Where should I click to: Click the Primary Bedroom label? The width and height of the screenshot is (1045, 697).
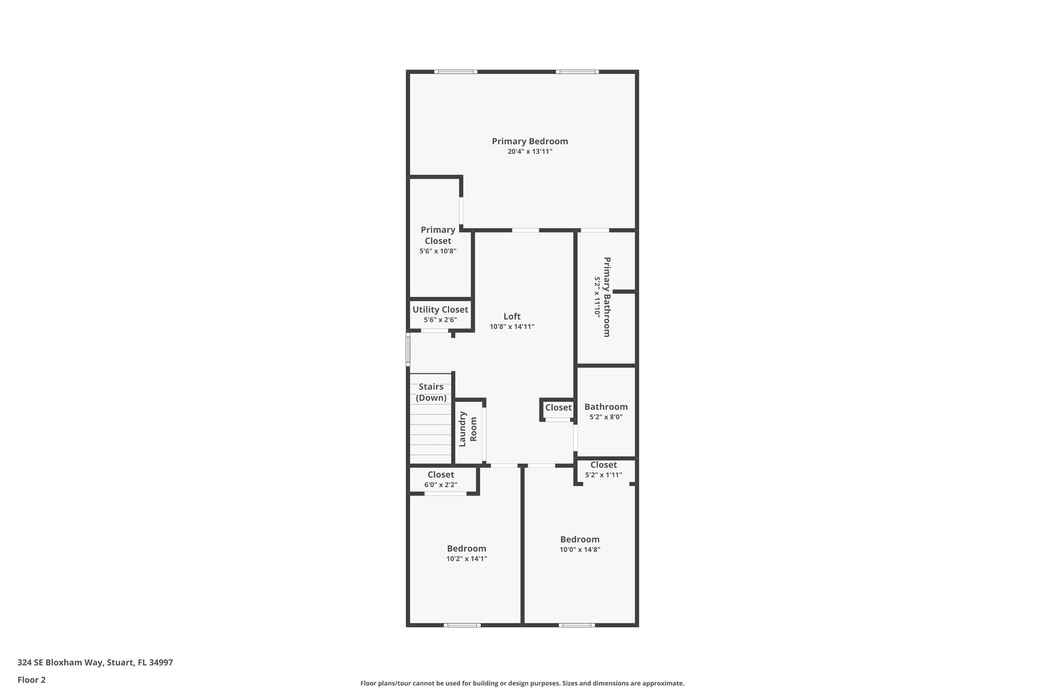pos(529,141)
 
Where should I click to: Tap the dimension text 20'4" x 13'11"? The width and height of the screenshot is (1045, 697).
pos(529,152)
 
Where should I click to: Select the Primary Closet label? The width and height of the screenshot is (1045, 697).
pos(438,235)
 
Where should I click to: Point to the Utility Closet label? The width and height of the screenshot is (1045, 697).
pos(440,310)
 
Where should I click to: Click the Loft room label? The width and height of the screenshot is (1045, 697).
pos(512,316)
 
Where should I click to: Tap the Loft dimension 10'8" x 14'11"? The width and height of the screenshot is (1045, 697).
pos(512,327)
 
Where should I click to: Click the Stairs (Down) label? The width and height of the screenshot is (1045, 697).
pos(431,392)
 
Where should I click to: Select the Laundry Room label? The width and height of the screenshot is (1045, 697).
pos(467,429)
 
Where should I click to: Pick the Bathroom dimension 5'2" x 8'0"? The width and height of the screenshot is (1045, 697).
pos(606,417)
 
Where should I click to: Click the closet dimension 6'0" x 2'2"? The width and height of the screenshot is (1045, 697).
pos(440,485)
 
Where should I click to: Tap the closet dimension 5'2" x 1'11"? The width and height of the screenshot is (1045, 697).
pos(603,475)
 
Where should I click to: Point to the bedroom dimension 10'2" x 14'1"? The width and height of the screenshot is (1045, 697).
pos(466,559)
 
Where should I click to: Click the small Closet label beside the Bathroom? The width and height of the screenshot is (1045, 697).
pos(558,408)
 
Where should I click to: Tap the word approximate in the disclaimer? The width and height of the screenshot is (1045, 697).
pos(663,683)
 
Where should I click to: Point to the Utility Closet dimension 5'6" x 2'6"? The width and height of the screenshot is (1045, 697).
pos(440,320)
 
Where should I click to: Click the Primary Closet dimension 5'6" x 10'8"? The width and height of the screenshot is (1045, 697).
pos(438,251)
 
